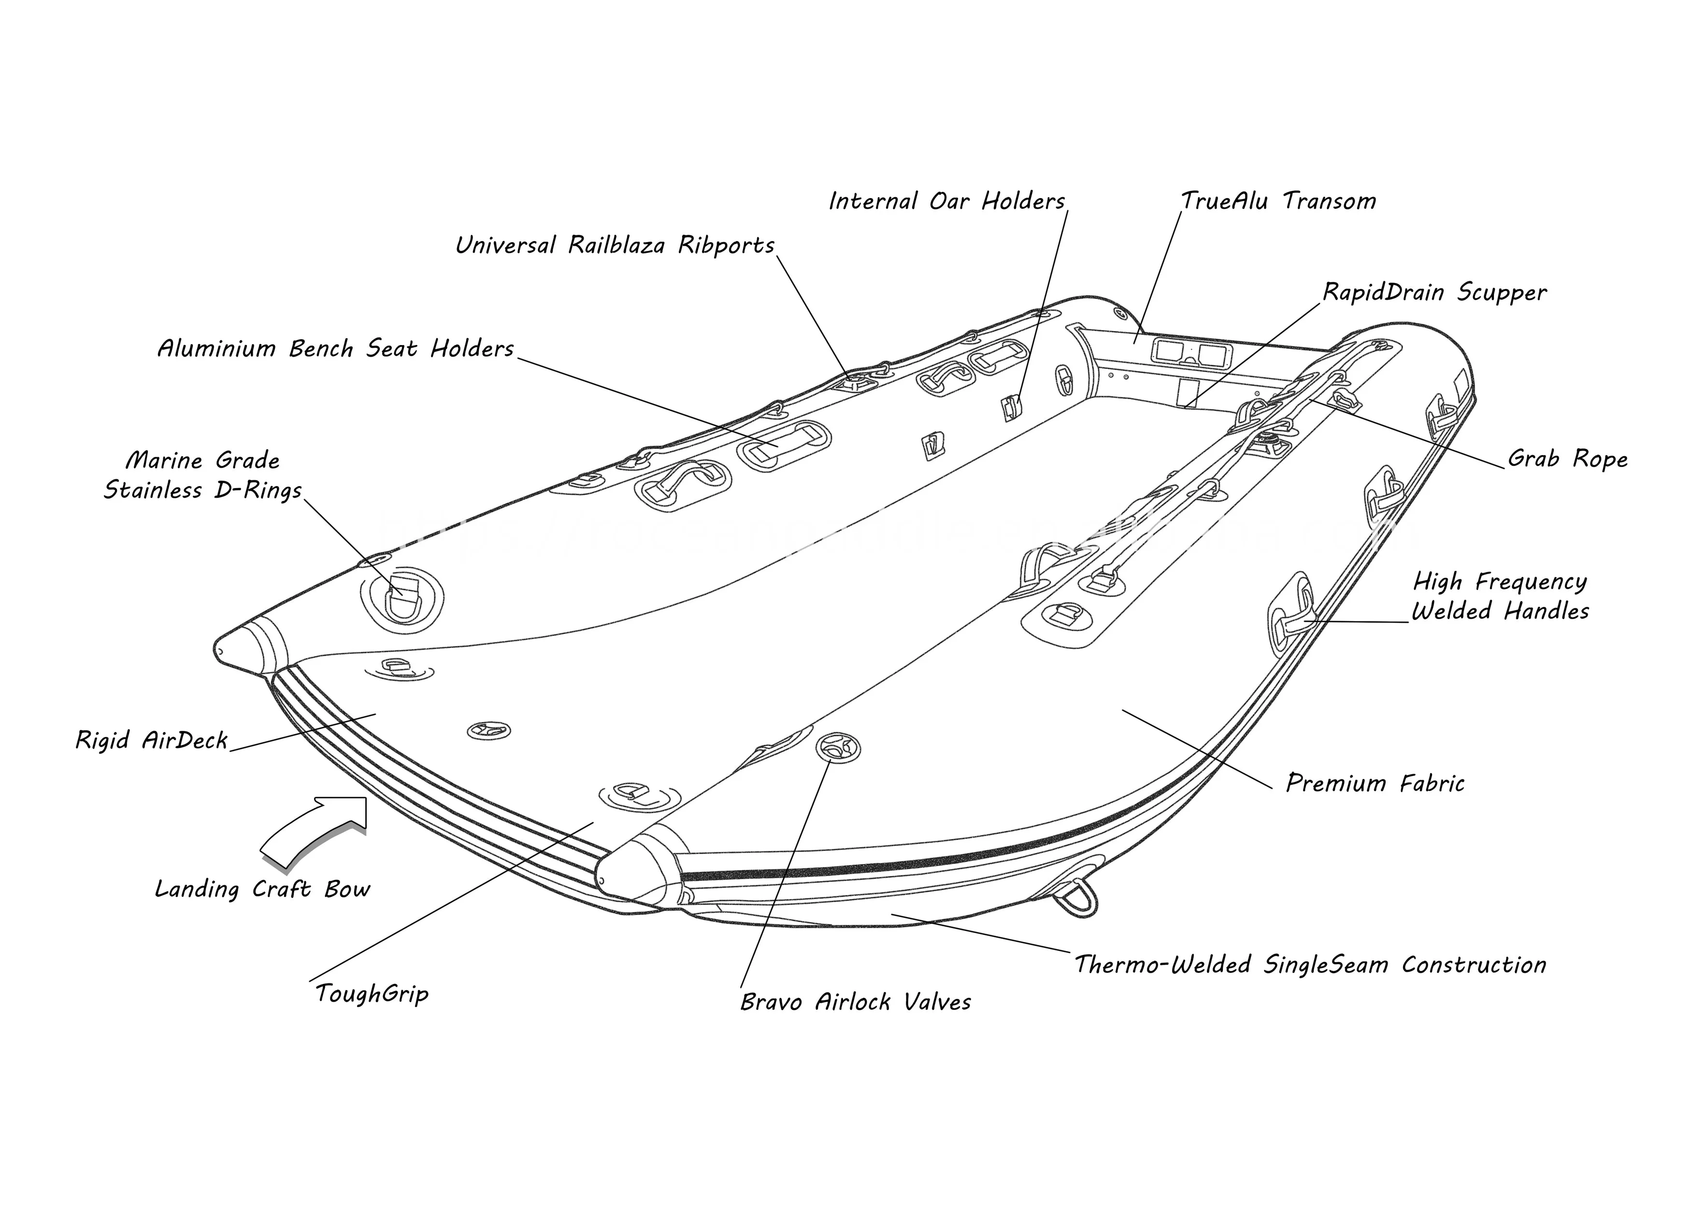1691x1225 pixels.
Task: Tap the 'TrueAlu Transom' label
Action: pyautogui.click(x=1278, y=202)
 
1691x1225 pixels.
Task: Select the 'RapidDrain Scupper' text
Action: pyautogui.click(x=1434, y=292)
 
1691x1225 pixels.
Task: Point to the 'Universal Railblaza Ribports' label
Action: pyautogui.click(x=615, y=245)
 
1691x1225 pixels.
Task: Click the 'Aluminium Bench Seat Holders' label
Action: pyautogui.click(x=335, y=348)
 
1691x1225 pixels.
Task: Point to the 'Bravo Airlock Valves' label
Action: pyautogui.click(x=855, y=1001)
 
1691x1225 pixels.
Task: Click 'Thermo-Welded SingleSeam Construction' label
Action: pyautogui.click(x=1310, y=965)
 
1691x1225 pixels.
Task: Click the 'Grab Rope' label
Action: pyautogui.click(x=1567, y=459)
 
